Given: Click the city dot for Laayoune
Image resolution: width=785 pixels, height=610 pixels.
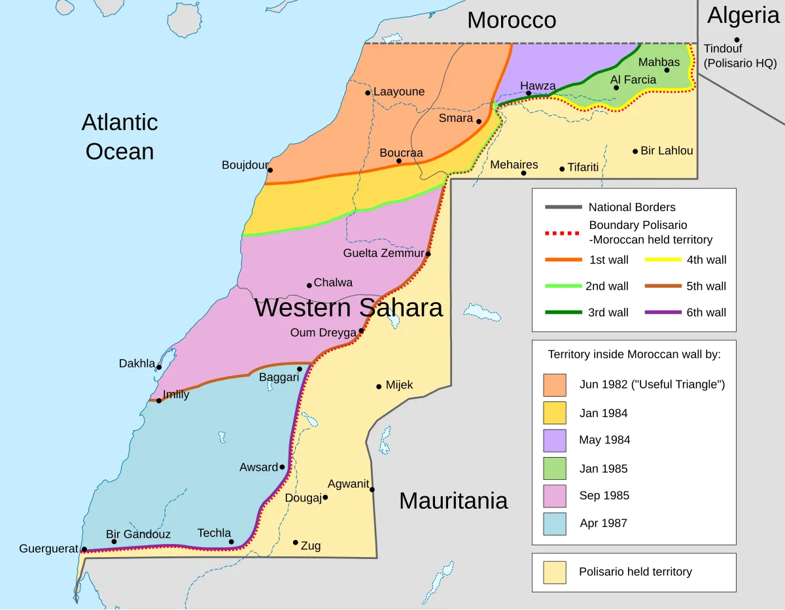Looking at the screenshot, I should pyautogui.click(x=368, y=93).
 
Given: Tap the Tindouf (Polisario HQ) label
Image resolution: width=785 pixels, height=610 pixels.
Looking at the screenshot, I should pyautogui.click(x=740, y=56).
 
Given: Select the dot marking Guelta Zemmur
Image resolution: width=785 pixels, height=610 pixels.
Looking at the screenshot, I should pyautogui.click(x=428, y=254).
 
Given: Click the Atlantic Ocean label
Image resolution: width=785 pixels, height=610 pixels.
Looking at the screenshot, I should pyautogui.click(x=120, y=137).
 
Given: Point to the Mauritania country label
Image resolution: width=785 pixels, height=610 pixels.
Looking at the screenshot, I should pyautogui.click(x=453, y=501).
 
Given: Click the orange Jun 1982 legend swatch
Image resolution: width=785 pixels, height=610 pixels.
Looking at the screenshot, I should pyautogui.click(x=554, y=384).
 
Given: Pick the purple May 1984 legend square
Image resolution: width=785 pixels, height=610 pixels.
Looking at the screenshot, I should pyautogui.click(x=554, y=440).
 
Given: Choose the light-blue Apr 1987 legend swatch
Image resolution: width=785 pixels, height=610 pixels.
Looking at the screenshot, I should pyautogui.click(x=554, y=523).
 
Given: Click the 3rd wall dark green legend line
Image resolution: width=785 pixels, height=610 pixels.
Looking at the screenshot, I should pyautogui.click(x=563, y=313).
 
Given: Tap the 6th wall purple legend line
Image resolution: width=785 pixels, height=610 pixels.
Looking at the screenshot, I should pyautogui.click(x=662, y=313).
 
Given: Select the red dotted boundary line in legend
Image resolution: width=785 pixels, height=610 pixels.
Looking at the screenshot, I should pyautogui.click(x=563, y=233).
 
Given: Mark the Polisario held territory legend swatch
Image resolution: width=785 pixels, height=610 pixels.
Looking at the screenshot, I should pyautogui.click(x=554, y=572).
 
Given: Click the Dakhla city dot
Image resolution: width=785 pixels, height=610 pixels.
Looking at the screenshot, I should pyautogui.click(x=159, y=367).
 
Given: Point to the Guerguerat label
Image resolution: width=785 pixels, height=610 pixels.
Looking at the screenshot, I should pyautogui.click(x=48, y=549).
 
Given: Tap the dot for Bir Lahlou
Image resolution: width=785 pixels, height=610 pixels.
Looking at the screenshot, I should pyautogui.click(x=635, y=151).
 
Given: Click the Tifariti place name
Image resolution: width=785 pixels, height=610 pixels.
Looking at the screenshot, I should pyautogui.click(x=583, y=167).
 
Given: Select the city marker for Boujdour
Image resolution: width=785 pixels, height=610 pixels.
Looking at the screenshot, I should pyautogui.click(x=270, y=171).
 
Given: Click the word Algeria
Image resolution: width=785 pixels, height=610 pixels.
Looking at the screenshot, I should pyautogui.click(x=743, y=15).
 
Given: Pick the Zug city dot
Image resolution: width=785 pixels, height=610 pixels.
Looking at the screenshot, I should pyautogui.click(x=296, y=543).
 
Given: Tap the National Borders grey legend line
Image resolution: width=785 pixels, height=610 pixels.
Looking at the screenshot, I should pyautogui.click(x=563, y=207).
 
